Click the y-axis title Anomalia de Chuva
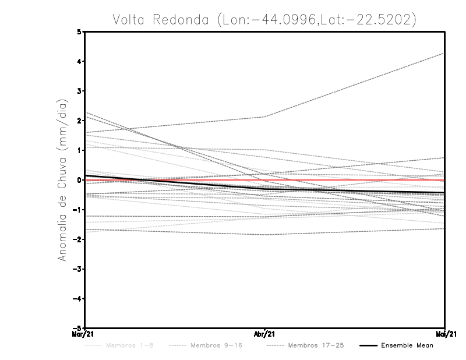[63, 179]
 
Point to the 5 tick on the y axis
[79, 31]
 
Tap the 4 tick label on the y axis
[79, 61]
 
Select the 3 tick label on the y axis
[79, 91]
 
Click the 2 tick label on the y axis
[79, 121]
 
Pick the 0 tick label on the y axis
[79, 180]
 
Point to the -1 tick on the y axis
[77, 210]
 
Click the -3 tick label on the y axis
[77, 269]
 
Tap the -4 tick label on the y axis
[77, 299]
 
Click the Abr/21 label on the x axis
[265, 334]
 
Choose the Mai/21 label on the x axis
[445, 334]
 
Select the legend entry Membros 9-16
[216, 345]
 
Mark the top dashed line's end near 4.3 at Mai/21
[444, 53]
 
